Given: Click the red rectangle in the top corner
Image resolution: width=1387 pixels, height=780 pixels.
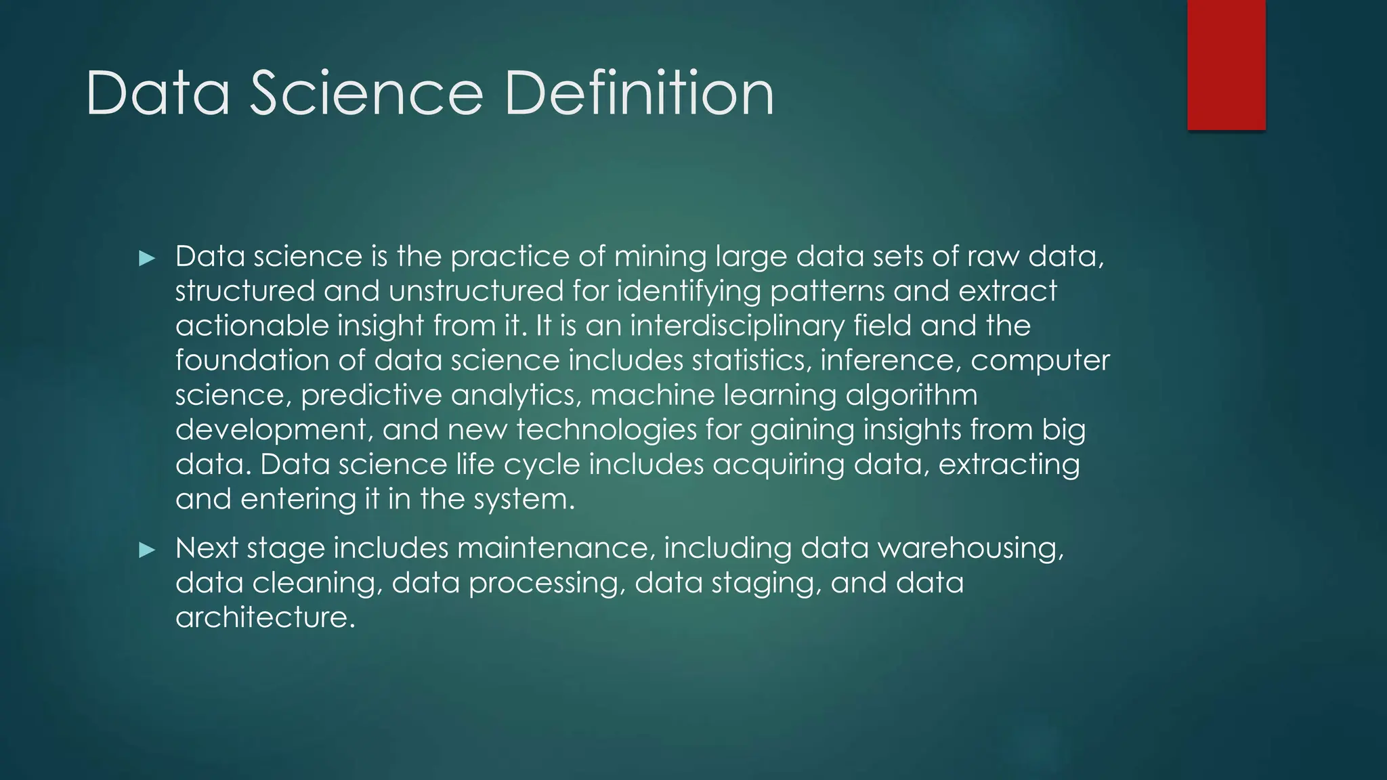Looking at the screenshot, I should tap(1226, 64).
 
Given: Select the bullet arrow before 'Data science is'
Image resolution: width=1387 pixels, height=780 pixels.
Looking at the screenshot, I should tap(147, 258).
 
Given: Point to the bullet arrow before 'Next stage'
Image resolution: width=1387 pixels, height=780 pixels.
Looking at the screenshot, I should tap(147, 550).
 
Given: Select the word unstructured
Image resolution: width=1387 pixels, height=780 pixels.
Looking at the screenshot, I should tap(476, 291).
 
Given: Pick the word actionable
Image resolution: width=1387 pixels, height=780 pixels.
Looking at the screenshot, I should tap(252, 326).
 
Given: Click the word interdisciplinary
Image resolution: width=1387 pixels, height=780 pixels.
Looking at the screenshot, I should tap(738, 326).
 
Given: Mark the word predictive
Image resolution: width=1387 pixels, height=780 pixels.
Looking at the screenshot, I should tap(371, 395).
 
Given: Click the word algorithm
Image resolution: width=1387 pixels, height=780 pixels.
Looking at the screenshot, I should tap(911, 395).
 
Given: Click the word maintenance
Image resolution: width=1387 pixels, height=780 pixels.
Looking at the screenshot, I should tap(556, 548).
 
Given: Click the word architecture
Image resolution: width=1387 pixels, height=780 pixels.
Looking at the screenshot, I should tap(265, 617).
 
